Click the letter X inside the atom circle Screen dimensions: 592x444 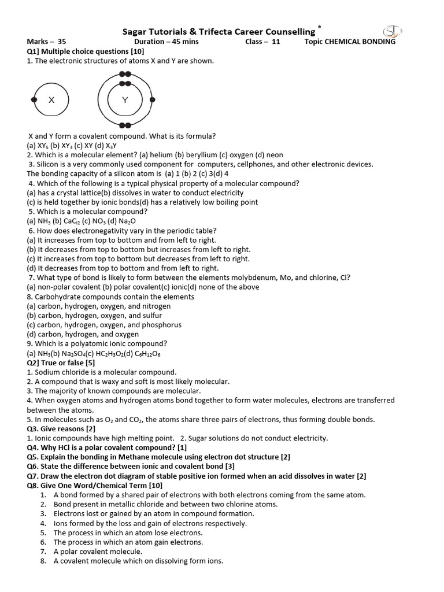pyautogui.click(x=51, y=100)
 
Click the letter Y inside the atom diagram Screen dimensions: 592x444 pyautogui.click(x=125, y=100)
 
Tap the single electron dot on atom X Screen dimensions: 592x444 pyautogui.click(x=34, y=100)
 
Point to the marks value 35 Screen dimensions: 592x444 pyautogui.click(x=62, y=42)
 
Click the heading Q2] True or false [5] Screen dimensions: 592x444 pyautogui.click(x=61, y=363)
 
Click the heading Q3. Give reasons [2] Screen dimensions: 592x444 pyautogui.click(x=61, y=429)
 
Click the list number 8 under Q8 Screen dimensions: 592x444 pyautogui.click(x=43, y=561)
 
